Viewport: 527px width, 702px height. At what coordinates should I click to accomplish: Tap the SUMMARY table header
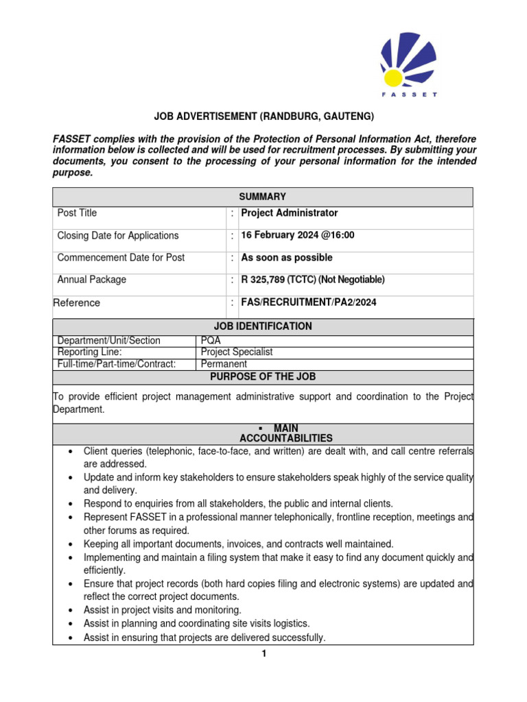coord(263,197)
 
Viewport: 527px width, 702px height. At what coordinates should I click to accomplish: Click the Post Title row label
coord(77,213)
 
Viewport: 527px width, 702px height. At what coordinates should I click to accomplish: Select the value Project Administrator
coord(288,213)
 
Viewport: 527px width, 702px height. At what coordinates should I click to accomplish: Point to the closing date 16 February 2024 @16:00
coord(297,235)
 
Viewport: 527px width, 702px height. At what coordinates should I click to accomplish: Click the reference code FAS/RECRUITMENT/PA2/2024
coord(308,302)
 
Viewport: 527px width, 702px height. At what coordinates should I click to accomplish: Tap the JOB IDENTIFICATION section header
coord(263,326)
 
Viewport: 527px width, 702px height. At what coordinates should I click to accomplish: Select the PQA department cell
coord(211,341)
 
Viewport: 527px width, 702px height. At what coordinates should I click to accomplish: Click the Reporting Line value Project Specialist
coord(236,352)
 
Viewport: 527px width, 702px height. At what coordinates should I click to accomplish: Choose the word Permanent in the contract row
coord(224,364)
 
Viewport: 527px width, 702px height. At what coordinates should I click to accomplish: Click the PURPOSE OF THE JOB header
coord(263,377)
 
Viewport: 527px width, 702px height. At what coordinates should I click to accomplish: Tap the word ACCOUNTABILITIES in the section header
coord(286,438)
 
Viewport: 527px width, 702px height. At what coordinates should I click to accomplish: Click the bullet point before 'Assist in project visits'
coord(71,610)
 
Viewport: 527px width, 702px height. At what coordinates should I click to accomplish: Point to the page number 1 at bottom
coord(263,654)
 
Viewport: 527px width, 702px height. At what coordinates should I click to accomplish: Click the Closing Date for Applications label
coord(118,235)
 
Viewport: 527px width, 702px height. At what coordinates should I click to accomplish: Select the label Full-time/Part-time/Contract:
coord(117,364)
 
